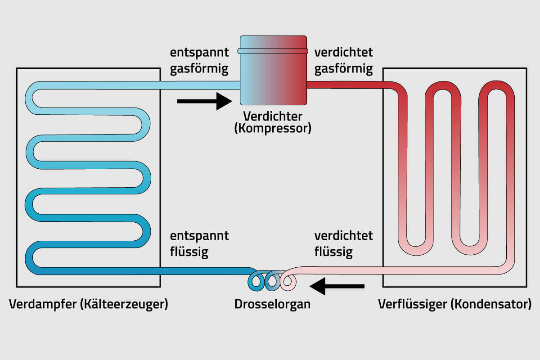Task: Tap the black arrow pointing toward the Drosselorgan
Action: coord(337,286)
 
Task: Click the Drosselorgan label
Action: coord(272,304)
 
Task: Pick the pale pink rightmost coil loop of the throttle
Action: coord(288,281)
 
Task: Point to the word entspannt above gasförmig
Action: coord(199,53)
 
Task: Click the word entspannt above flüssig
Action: coord(199,236)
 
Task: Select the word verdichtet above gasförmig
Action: coord(343,53)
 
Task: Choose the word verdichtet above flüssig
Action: coord(343,236)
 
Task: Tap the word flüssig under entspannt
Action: coord(189,252)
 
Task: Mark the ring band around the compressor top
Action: coord(273,51)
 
